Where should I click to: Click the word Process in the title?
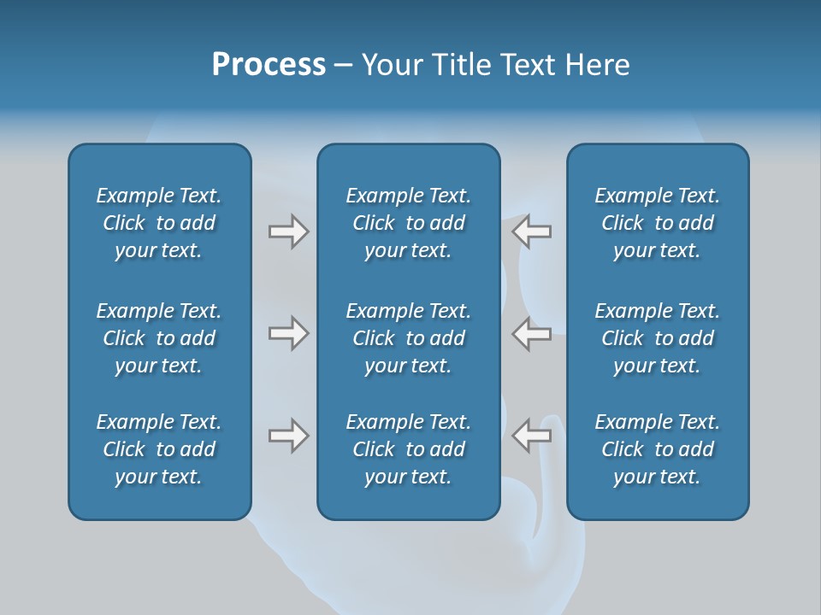tap(269, 65)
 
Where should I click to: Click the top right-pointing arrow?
tap(288, 231)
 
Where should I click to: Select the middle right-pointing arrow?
tap(288, 333)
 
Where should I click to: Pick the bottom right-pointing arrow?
tap(288, 436)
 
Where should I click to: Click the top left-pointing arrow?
tap(532, 231)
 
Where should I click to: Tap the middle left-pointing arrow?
tap(532, 333)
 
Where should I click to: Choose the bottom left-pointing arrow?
tap(532, 436)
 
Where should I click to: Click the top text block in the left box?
tap(159, 223)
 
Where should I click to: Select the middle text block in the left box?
tap(159, 338)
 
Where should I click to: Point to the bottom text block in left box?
tap(159, 449)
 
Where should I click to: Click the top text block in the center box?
tap(409, 223)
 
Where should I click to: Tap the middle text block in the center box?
tap(409, 338)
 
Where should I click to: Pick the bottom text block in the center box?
tap(409, 449)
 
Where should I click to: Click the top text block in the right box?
tap(658, 223)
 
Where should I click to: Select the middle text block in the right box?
tap(658, 338)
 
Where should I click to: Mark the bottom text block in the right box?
tap(658, 449)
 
